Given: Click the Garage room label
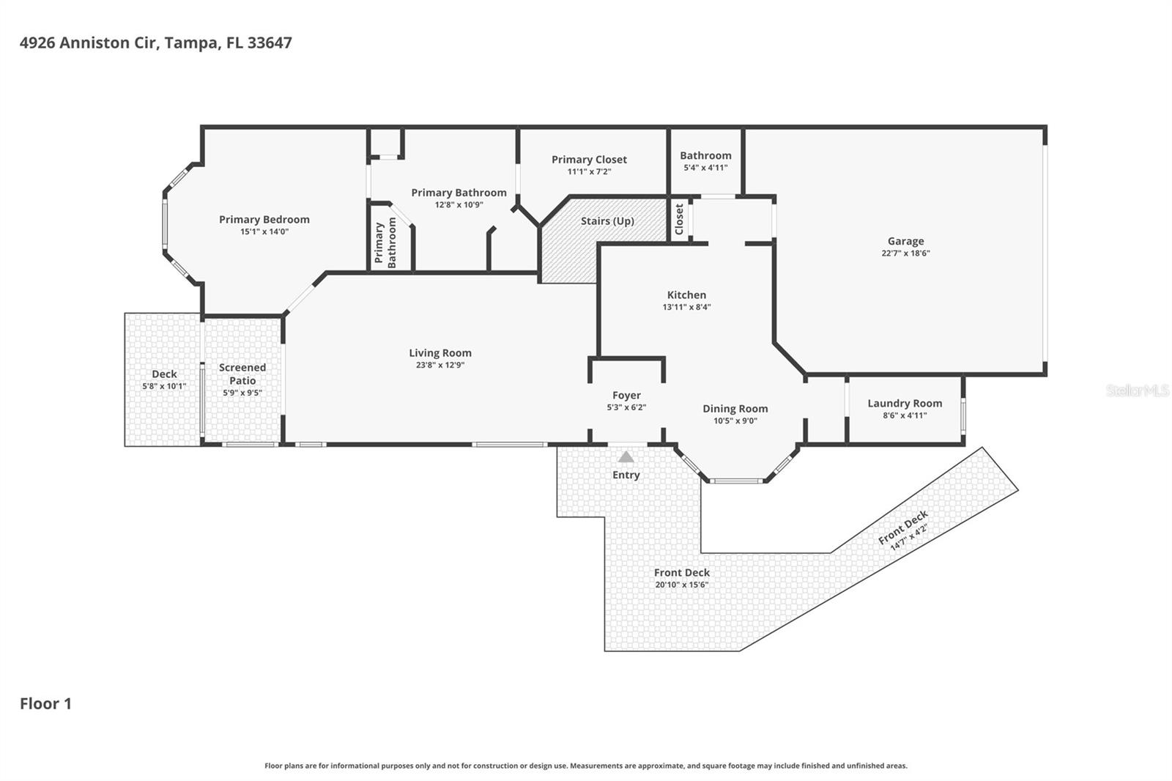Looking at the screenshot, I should tap(905, 241).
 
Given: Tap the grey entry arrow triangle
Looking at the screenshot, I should tap(626, 457).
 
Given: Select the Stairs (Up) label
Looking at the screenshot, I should tap(607, 221).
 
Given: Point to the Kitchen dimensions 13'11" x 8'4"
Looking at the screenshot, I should tap(686, 308).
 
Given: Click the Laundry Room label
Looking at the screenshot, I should tap(905, 404).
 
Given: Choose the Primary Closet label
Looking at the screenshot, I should tap(589, 160).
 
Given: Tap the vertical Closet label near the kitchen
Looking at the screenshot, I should tap(679, 219).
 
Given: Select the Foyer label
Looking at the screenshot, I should tap(626, 396).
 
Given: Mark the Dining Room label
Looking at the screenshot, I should tap(735, 409).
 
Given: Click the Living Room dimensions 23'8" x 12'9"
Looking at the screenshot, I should tap(439, 365).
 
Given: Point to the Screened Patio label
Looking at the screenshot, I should tap(242, 374).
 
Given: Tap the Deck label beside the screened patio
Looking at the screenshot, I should tap(164, 374).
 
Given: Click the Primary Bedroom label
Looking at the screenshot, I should tap(264, 220).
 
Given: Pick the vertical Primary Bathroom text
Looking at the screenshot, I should tap(385, 243).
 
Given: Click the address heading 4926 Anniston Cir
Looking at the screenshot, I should tap(155, 42).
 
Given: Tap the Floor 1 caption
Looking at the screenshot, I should tap(45, 704).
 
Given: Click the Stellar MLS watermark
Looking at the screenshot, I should tap(1137, 391).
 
